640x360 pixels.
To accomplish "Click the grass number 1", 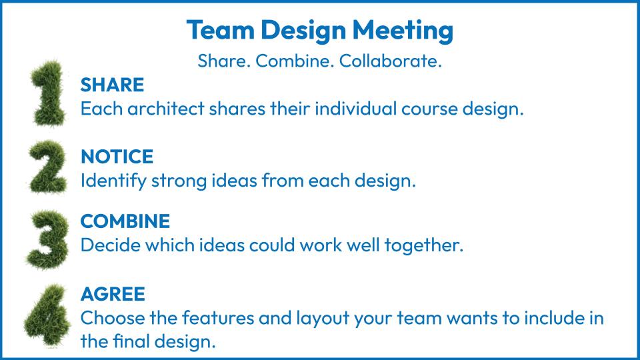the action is coord(49,93).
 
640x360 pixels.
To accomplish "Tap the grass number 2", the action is coord(48,167).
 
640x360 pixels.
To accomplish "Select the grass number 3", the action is coord(48,239).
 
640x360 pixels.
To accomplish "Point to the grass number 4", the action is coord(47,315).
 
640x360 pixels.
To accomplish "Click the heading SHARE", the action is coord(112,85).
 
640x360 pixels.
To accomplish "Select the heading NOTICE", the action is coord(117,157).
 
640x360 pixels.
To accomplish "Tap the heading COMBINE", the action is coord(125,221).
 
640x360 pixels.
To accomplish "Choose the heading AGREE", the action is coord(113,294).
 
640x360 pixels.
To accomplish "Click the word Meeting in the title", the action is coord(403,31).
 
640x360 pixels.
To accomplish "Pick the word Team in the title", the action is coord(221,30).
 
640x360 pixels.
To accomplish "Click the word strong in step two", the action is coord(179,181).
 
